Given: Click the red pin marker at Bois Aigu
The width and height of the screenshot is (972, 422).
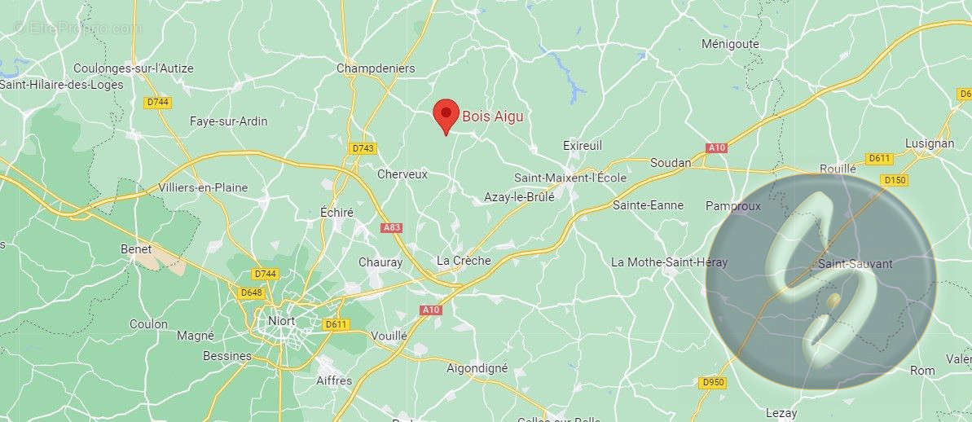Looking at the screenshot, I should [x=446, y=114].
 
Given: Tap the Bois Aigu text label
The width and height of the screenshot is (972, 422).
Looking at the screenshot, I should [x=493, y=116].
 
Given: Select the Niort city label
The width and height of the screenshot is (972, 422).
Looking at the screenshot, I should [x=282, y=320].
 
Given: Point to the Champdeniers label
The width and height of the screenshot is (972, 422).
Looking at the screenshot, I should [x=376, y=68].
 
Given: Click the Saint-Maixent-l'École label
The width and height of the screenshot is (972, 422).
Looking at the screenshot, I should [x=570, y=178].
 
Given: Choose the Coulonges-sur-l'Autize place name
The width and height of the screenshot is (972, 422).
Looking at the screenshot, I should [x=134, y=68].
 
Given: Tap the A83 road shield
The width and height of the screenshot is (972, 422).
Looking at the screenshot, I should [x=392, y=228].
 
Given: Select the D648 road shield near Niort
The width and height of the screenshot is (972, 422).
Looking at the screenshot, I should [x=251, y=291].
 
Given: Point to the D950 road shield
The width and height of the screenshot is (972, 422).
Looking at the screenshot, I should [x=712, y=382].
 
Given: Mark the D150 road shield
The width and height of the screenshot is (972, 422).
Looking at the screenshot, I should [x=895, y=179].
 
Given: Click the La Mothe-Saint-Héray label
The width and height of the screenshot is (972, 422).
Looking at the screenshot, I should [x=669, y=262].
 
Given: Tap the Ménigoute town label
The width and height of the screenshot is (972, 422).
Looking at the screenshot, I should [x=730, y=44].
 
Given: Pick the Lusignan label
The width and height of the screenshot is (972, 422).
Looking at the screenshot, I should [x=929, y=143].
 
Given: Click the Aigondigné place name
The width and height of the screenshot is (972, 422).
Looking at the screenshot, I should [x=477, y=368].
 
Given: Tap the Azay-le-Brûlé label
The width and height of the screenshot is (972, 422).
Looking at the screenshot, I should [x=519, y=197].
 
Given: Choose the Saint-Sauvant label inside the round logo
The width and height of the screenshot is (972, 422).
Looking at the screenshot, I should [x=855, y=264].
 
